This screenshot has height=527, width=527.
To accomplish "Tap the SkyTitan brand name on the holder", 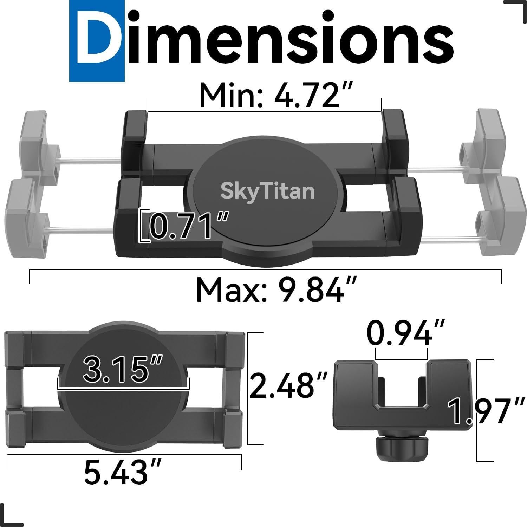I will [267, 191].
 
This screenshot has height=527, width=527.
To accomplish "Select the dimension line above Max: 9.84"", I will [265, 270].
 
